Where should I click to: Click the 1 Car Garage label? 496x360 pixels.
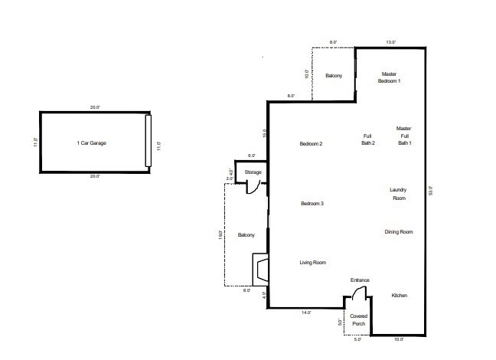click(91, 143)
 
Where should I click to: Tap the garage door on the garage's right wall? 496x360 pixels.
click(148, 141)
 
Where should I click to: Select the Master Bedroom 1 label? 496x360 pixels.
click(389, 77)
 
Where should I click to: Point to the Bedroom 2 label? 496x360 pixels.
click(311, 144)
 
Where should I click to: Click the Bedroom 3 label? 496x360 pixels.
click(312, 203)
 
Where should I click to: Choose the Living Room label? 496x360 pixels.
click(313, 263)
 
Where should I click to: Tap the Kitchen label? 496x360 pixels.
click(400, 296)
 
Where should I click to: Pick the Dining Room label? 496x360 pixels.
click(399, 232)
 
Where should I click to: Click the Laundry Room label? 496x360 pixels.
click(398, 194)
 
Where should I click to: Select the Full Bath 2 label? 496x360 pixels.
click(368, 139)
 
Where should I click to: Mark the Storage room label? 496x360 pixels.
click(253, 172)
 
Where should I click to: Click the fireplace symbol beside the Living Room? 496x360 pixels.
click(261, 270)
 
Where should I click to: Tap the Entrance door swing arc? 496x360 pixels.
click(358, 292)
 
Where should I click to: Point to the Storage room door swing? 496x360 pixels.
click(253, 188)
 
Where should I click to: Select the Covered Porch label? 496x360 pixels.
click(359, 320)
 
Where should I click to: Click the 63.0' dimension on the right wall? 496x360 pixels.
click(430, 191)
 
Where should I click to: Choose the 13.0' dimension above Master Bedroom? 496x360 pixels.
click(390, 42)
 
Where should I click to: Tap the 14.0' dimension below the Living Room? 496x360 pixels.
click(306, 313)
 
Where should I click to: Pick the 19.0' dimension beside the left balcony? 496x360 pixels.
click(220, 235)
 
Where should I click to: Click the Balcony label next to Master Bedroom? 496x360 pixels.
click(334, 76)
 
